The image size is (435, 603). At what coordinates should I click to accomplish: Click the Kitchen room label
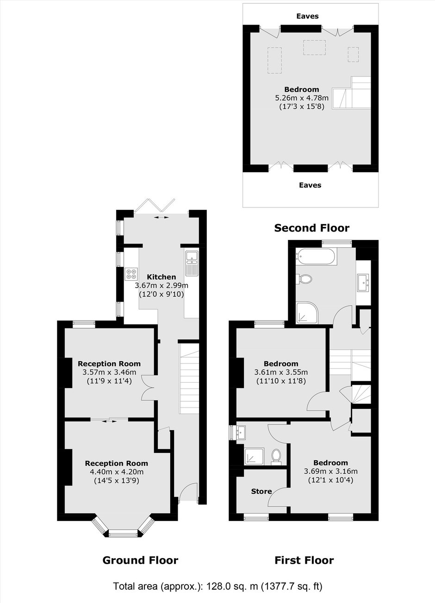[x=161, y=277]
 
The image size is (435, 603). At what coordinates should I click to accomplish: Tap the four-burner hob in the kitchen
[x=131, y=274]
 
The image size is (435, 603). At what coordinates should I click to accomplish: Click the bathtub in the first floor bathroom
[x=316, y=257]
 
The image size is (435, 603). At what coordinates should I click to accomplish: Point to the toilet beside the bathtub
[x=304, y=278]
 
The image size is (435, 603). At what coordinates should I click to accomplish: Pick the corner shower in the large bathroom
[x=307, y=313]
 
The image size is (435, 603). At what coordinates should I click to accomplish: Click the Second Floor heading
[x=311, y=228]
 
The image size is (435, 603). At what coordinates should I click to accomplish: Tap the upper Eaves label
[x=307, y=16]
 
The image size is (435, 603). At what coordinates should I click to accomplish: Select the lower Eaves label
[x=310, y=185]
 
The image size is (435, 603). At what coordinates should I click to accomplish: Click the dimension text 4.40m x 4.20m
[x=117, y=471]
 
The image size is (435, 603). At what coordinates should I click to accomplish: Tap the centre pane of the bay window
[x=124, y=532]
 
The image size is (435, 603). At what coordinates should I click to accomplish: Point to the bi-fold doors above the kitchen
[x=155, y=206]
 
